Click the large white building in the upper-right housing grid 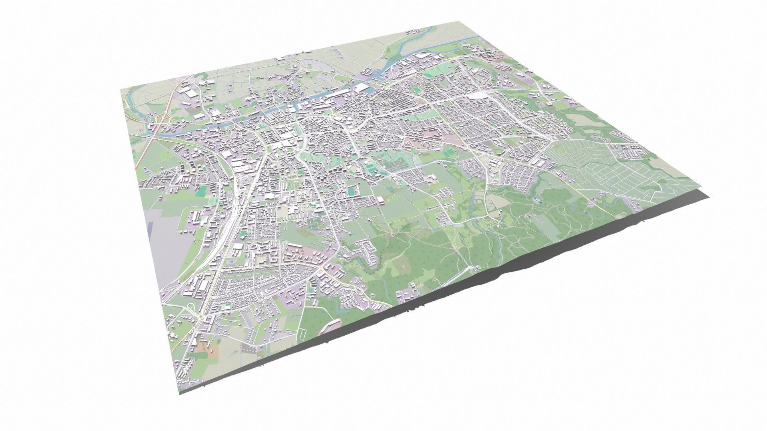click(x=478, y=95)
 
